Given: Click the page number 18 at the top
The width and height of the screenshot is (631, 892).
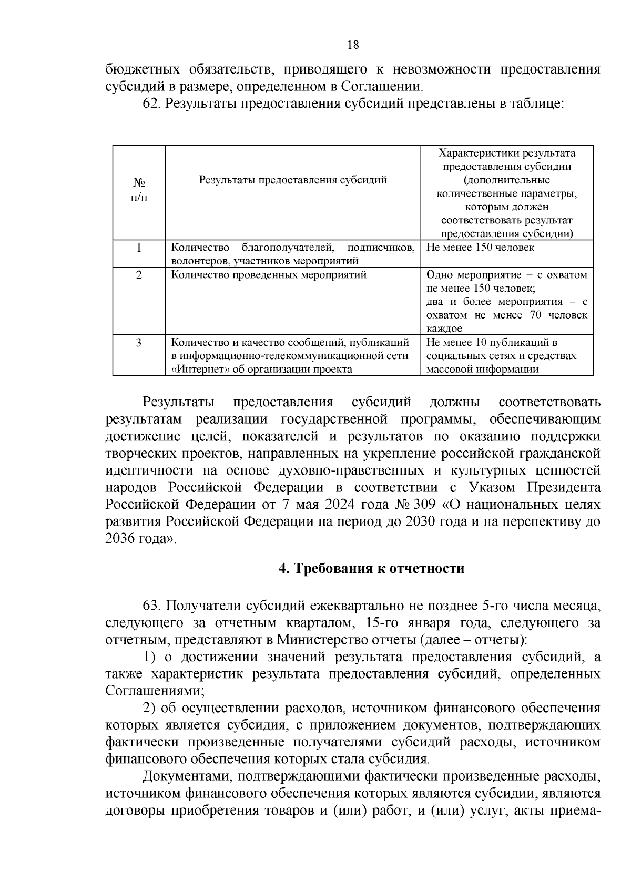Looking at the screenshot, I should pos(353,45).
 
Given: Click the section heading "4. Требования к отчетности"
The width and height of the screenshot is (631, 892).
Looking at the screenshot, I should pos(371,569).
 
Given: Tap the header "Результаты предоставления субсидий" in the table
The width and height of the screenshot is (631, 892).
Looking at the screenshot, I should pos(293,180).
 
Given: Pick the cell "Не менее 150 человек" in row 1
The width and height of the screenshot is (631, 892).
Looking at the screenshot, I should pos(480,248).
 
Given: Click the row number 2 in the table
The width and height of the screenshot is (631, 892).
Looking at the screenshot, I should pos(139,275).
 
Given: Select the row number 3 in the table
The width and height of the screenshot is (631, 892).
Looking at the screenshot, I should pos(139,343).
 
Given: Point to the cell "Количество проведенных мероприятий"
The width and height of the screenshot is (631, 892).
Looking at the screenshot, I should pos(269,275).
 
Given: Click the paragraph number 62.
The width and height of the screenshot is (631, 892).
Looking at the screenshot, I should pos(151,104).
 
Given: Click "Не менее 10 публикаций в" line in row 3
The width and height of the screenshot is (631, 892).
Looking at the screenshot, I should pos(492,343).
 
